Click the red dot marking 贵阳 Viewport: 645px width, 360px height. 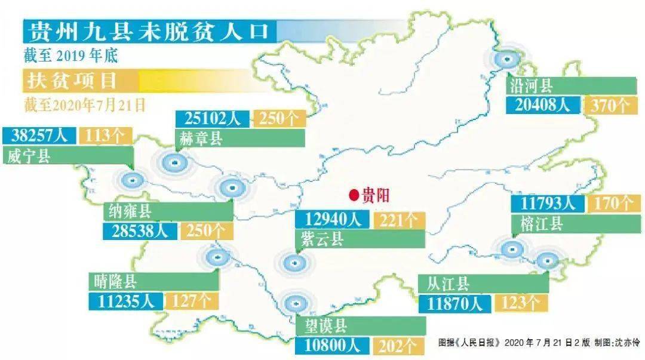pyautogui.click(x=354, y=195)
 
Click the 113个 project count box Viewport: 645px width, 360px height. pyautogui.click(x=105, y=136)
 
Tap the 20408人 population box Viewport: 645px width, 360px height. pyautogui.click(x=542, y=105)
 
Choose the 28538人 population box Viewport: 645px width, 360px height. pyautogui.click(x=140, y=230)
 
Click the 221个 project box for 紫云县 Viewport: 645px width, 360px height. pyautogui.click(x=399, y=220)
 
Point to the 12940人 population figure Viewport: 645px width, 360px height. pyautogui.click(x=333, y=220)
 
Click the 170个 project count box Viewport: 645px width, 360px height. pyautogui.click(x=610, y=204)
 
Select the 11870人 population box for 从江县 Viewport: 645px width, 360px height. pyautogui.click(x=454, y=303)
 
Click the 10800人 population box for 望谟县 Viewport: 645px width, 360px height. pyautogui.click(x=333, y=346)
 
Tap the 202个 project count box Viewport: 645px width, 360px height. pyautogui.click(x=399, y=346)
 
